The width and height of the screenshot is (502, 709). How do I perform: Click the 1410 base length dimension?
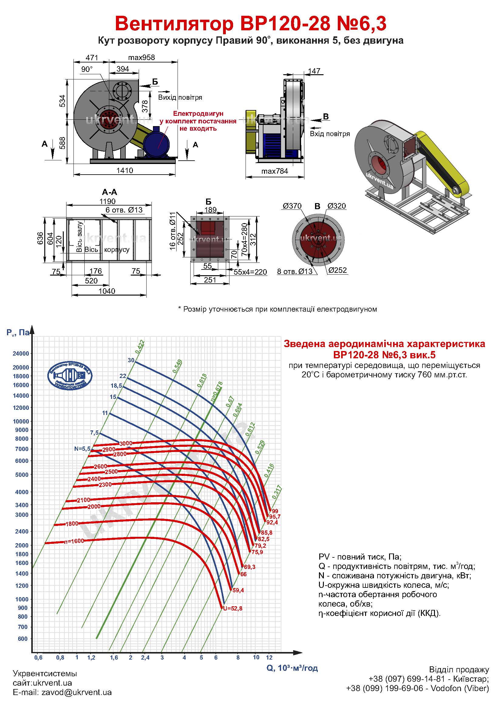pyautogui.click(x=124, y=170)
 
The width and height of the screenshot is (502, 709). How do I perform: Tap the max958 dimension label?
pyautogui.click(x=141, y=57)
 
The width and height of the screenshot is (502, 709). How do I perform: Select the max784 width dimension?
pyautogui.click(x=274, y=171)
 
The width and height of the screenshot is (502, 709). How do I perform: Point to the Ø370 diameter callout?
pyautogui.click(x=292, y=206)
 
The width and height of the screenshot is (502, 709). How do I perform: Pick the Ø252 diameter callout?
pyautogui.click(x=337, y=270)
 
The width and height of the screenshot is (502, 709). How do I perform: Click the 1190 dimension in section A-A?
pyautogui.click(x=107, y=201)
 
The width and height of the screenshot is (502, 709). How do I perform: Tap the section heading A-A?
pyautogui.click(x=110, y=192)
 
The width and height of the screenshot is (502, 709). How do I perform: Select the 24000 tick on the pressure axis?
pyautogui.click(x=21, y=353)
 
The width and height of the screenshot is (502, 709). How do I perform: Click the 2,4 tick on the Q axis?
pyautogui.click(x=145, y=658)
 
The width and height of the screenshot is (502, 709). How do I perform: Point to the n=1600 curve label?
pyautogui.click(x=74, y=541)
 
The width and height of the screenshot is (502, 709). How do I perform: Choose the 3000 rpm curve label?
pyautogui.click(x=126, y=443)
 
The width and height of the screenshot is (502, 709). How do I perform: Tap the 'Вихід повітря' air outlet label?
pyautogui.click(x=180, y=98)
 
